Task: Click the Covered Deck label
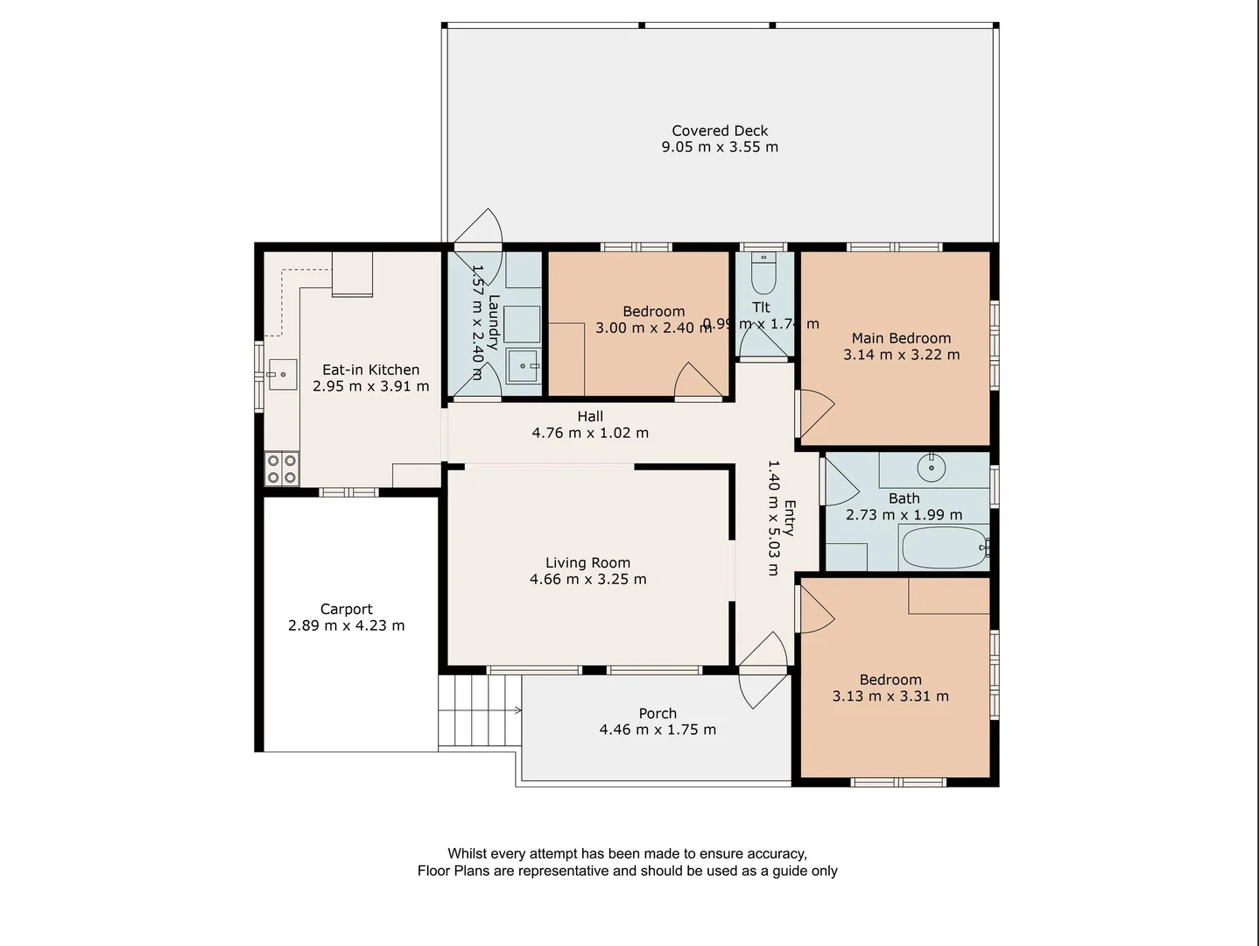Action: (x=720, y=131)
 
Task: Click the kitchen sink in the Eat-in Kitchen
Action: (x=283, y=374)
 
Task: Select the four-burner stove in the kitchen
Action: (x=282, y=469)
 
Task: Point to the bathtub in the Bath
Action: (x=944, y=547)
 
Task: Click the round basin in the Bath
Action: (x=932, y=467)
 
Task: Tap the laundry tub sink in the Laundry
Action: (x=523, y=365)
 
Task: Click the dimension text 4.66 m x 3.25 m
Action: (x=587, y=579)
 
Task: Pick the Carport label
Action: (x=346, y=609)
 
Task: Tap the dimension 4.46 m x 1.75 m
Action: (x=657, y=730)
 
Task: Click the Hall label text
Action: (x=590, y=416)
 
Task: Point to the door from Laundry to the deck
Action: (x=477, y=229)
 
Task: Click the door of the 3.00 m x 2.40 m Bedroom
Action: (x=697, y=382)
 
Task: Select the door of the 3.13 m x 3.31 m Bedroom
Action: (x=813, y=608)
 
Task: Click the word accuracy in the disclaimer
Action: (x=776, y=853)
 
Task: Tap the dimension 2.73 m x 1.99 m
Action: (x=904, y=515)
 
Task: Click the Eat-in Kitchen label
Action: (x=370, y=370)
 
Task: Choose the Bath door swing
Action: (x=840, y=481)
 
